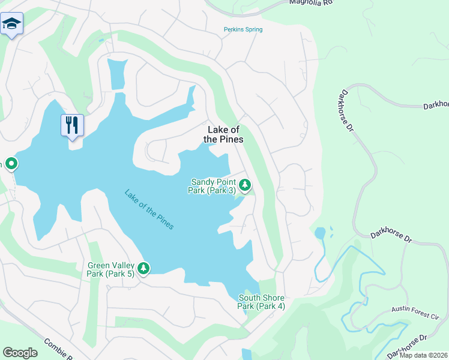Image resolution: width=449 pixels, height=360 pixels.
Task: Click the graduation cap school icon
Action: click(x=11, y=24)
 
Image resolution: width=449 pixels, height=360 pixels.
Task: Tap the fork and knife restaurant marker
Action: click(x=72, y=125)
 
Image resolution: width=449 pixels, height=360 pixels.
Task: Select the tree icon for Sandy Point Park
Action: click(x=246, y=185)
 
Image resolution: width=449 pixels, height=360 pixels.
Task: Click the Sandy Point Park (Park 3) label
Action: click(x=213, y=186)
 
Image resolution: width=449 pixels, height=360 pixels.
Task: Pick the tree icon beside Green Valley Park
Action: click(x=143, y=268)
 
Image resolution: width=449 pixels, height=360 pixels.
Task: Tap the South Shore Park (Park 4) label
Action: click(x=261, y=302)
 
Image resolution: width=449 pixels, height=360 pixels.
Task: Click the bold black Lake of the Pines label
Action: click(x=223, y=134)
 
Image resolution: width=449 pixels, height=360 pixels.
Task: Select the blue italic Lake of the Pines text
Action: click(x=149, y=209)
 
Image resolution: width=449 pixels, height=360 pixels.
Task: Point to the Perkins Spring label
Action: click(x=243, y=29)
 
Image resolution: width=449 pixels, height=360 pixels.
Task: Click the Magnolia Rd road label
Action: click(x=310, y=3)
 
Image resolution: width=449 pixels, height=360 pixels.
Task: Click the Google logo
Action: click(x=20, y=353)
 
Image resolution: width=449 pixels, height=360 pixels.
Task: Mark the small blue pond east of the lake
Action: click(x=320, y=233)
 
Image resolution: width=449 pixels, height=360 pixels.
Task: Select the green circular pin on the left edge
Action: click(x=11, y=164)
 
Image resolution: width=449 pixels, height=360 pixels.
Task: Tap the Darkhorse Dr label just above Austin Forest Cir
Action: click(x=391, y=235)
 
